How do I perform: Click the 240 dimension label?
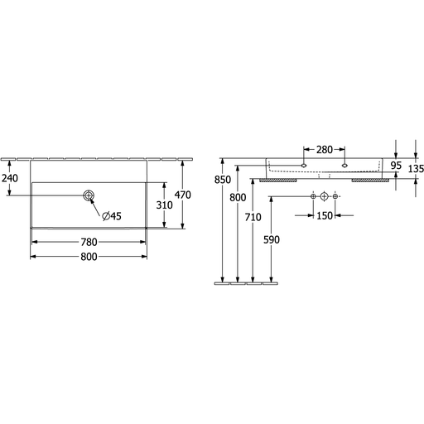[10, 178]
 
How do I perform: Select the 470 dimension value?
[183, 195]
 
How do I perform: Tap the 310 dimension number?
[165, 205]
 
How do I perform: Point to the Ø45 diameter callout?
[112, 216]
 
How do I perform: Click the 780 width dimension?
[89, 242]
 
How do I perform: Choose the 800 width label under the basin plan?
[89, 257]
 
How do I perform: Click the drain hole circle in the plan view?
[89, 195]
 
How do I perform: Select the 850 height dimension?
[223, 180]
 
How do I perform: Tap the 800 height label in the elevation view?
[238, 198]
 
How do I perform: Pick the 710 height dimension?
[253, 217]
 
